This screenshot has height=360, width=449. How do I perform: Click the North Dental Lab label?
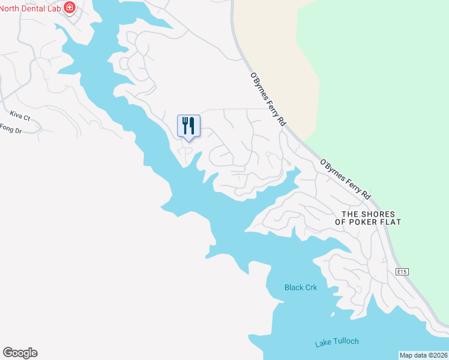30,8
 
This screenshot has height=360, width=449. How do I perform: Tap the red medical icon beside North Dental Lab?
70,8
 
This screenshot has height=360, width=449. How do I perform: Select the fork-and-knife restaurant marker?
188,125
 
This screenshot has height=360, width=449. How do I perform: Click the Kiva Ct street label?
20,113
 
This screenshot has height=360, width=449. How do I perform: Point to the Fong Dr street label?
11,128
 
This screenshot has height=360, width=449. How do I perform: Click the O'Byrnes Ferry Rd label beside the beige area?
268,99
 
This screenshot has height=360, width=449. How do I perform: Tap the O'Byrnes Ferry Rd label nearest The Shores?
345,179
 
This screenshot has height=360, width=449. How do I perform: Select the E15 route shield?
402,272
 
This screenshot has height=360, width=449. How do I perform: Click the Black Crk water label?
300,287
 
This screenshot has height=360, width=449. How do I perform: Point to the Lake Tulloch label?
337,342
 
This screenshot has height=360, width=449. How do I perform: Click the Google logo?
20,352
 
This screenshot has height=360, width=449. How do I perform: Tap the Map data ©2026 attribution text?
423,355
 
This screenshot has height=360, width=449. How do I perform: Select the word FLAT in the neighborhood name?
390,222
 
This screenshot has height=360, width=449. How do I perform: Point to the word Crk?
309,287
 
